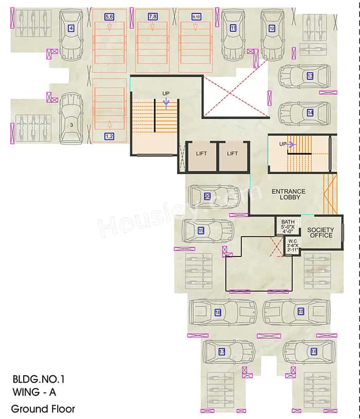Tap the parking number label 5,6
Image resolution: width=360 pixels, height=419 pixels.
(x=109, y=17)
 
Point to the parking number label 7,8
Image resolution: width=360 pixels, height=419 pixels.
(x=153, y=17)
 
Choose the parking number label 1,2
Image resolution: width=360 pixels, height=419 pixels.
(x=109, y=136)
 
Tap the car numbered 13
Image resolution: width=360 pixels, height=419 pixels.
(x=304, y=76)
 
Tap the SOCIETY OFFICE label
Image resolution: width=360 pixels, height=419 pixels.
(x=320, y=232)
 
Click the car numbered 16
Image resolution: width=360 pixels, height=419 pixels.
(x=309, y=352)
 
